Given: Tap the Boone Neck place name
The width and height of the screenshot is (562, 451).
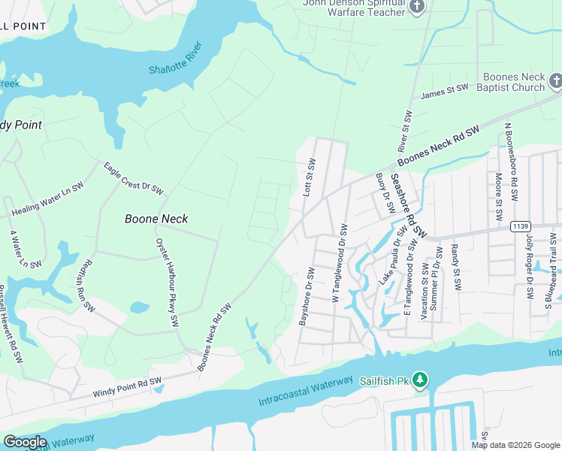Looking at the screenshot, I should pos(156,219).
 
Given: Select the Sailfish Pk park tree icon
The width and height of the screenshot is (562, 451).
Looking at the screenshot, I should pos(421,380).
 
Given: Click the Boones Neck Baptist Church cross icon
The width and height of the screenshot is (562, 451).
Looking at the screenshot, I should pos(556,80).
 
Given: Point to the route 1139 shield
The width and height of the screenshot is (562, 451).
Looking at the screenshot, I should pos(520,226).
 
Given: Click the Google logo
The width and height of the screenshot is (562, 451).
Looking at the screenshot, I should pos(24,442).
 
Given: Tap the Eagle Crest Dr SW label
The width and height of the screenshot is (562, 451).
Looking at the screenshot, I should pos(133,179).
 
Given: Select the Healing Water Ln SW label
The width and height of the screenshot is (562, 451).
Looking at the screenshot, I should pos(47,200).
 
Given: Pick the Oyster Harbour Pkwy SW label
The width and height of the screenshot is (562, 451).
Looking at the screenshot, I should pos(166,281).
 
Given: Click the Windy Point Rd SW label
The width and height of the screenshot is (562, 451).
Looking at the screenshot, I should pos(127,388).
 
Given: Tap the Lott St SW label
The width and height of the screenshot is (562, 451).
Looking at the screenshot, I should pos(309,177).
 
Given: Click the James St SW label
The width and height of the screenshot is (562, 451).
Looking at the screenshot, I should pos(444,92).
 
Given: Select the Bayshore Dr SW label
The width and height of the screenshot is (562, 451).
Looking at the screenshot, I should pos(306,296).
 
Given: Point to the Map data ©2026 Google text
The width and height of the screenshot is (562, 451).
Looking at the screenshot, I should pos(515,444).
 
